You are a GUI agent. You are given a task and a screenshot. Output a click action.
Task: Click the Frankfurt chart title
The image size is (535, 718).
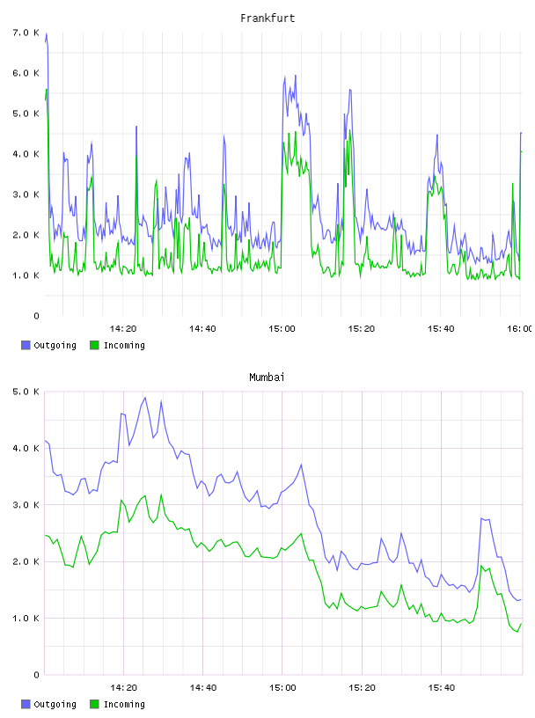coord(267,18)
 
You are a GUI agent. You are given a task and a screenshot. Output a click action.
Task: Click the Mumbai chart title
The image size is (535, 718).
coord(267,377)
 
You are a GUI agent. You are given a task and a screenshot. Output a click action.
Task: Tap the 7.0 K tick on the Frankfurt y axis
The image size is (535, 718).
coord(26,33)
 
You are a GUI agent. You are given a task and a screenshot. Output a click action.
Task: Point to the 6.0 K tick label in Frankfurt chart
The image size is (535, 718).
coord(26,73)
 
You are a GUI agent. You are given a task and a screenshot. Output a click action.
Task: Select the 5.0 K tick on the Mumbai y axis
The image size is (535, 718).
coord(26,392)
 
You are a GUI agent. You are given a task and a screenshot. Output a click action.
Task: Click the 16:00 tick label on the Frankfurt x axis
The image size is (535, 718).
coord(519,328)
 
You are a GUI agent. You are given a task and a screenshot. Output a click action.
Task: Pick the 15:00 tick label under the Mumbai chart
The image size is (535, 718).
coord(282,687)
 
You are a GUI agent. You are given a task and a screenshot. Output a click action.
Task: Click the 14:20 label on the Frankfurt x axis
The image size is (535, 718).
coord(123,328)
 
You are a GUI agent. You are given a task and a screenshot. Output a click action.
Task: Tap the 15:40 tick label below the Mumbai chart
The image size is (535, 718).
coord(441,687)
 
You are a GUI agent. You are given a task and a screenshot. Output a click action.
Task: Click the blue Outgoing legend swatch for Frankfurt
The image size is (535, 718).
coord(26,345)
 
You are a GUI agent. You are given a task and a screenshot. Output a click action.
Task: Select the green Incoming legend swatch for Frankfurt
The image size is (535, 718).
coord(94,345)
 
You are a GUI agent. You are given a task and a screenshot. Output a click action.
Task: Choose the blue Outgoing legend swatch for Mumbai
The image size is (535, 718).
coord(26,704)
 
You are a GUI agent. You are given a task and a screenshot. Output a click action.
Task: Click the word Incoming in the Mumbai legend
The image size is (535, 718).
coord(124,704)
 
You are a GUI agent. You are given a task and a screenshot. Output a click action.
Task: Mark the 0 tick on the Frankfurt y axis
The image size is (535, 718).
coord(36,316)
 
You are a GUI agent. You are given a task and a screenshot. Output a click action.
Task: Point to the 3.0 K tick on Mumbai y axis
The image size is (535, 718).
coord(26,504)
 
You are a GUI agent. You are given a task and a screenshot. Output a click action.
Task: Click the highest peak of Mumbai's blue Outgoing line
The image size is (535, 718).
coord(145,398)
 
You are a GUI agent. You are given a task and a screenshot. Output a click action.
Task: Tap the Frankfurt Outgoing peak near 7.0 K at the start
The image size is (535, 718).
coord(47,33)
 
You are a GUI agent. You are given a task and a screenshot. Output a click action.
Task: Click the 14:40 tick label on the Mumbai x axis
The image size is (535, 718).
coord(203,687)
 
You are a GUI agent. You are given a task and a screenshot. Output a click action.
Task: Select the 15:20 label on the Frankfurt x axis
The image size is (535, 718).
coord(362,328)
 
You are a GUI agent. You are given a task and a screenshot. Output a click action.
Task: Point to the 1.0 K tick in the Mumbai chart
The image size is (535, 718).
coord(26,619)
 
